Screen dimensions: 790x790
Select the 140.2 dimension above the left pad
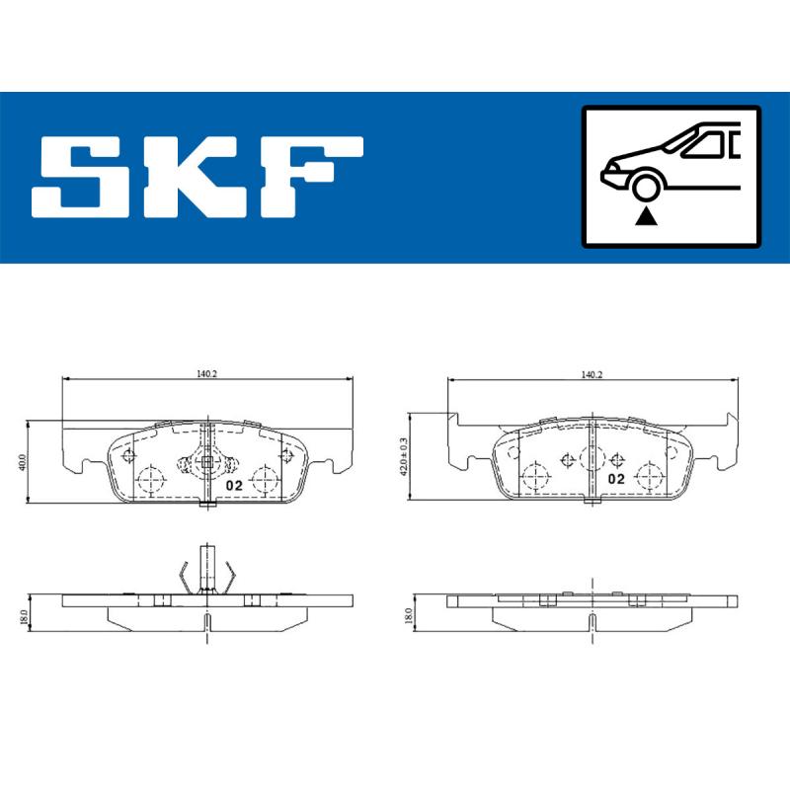pos(205,373)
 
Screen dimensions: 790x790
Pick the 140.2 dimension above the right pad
pos(592,374)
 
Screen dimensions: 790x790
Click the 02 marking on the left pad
pos(234,485)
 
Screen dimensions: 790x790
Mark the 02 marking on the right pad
pos(616,479)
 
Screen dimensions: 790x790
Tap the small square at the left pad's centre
pos(206,461)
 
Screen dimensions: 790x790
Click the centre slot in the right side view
pos(591,621)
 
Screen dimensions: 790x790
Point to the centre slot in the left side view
pos(206,623)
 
